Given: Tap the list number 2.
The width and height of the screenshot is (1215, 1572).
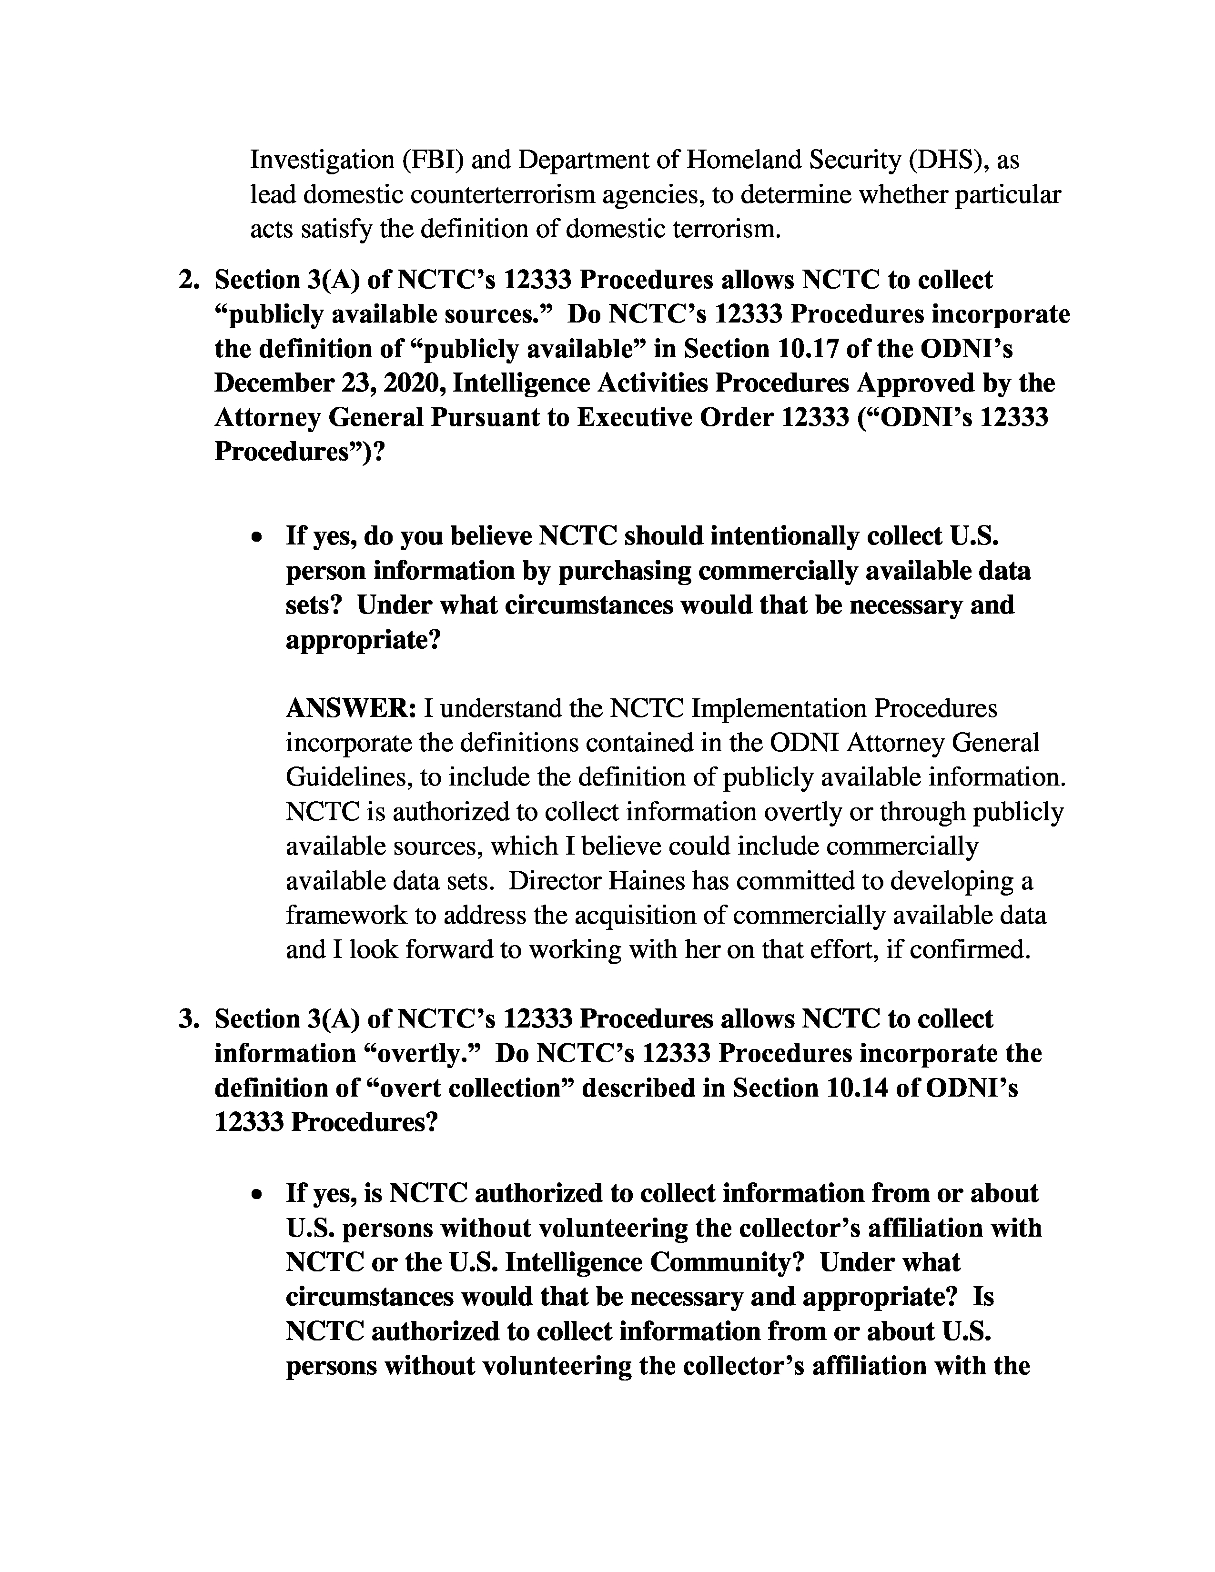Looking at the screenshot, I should click(189, 280).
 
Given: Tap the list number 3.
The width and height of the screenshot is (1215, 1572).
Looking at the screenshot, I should click(189, 1019).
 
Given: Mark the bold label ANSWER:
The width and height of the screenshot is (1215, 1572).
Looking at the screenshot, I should click(351, 709).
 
